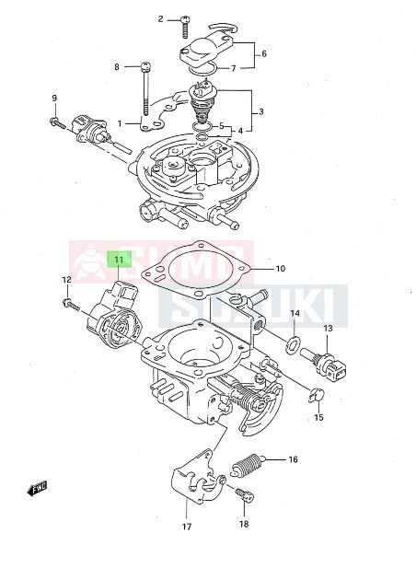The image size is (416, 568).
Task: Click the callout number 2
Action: pyautogui.click(x=160, y=18)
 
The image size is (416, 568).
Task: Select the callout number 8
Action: pyautogui.click(x=117, y=66)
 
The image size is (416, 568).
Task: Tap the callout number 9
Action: pyautogui.click(x=54, y=99)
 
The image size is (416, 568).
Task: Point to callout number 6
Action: pyautogui.click(x=263, y=53)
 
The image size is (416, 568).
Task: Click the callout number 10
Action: pyautogui.click(x=281, y=269)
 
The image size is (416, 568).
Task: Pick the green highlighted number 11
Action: pyautogui.click(x=119, y=261)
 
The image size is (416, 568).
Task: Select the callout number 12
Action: pyautogui.click(x=66, y=280)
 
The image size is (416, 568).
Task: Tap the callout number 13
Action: pyautogui.click(x=327, y=329)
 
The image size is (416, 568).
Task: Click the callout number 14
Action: pyautogui.click(x=295, y=314)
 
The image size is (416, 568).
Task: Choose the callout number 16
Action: pyautogui.click(x=293, y=458)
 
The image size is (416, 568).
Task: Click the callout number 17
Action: pyautogui.click(x=185, y=527)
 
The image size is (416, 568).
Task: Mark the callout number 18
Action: pyautogui.click(x=244, y=524)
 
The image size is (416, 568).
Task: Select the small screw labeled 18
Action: pyautogui.click(x=244, y=496)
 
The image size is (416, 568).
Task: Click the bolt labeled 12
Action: pyautogui.click(x=69, y=301)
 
